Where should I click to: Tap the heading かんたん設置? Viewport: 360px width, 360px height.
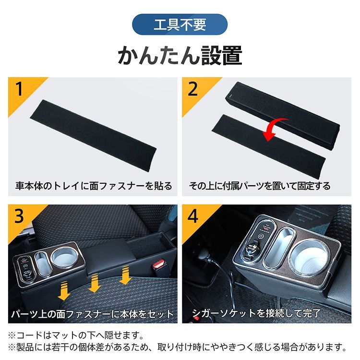pyautogui.click(x=180, y=56)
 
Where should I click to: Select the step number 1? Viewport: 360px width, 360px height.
pyautogui.click(x=19, y=89)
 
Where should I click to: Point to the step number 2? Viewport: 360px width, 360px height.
pyautogui.click(x=193, y=89)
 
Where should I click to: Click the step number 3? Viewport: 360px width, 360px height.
pyautogui.click(x=19, y=217)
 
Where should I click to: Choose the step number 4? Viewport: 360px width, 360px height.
pyautogui.click(x=193, y=217)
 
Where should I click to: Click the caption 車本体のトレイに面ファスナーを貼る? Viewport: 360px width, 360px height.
pyautogui.click(x=94, y=186)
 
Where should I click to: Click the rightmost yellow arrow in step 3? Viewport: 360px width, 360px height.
pyautogui.click(x=126, y=277)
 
